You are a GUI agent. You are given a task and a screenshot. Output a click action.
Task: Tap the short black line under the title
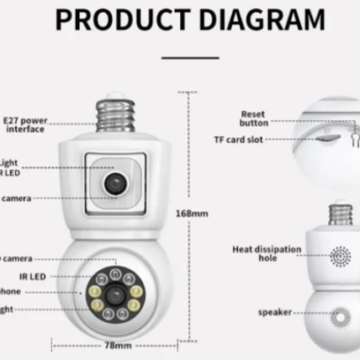pyautogui.click(x=190, y=58)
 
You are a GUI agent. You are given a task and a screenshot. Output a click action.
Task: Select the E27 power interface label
pyautogui.click(x=25, y=123)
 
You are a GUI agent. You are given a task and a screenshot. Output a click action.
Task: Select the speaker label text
pyautogui.click(x=274, y=312)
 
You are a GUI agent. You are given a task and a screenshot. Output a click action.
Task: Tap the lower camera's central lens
pyautogui.click(x=114, y=294)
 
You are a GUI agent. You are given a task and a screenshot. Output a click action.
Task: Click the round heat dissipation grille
pyautogui.click(x=341, y=257)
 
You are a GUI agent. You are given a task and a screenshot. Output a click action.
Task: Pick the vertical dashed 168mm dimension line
pyautogui.click(x=189, y=160)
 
